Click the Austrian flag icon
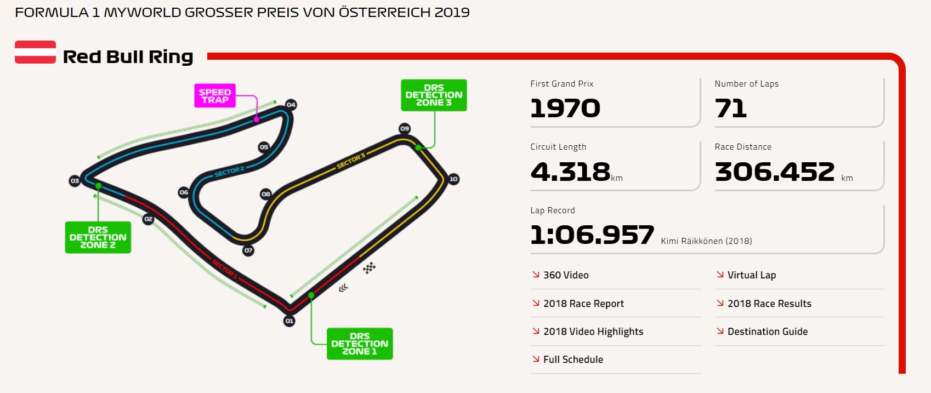(x=35, y=52)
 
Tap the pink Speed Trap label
(x=215, y=96)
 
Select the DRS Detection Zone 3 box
(x=434, y=95)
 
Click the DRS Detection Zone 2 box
(x=98, y=237)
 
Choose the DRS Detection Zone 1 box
(x=360, y=344)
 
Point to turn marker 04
(x=291, y=105)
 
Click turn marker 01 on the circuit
(x=289, y=321)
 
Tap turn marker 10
(x=453, y=179)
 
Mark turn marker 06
(x=184, y=192)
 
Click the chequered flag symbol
(x=369, y=268)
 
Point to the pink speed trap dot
(x=256, y=118)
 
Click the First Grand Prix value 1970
(x=565, y=108)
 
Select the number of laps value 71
(x=730, y=108)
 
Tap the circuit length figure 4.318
(x=570, y=172)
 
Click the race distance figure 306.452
(x=775, y=172)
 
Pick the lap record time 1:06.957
(x=592, y=235)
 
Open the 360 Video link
(x=565, y=275)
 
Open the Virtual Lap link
(x=751, y=275)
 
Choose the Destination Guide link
(x=767, y=332)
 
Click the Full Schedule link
(x=573, y=360)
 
